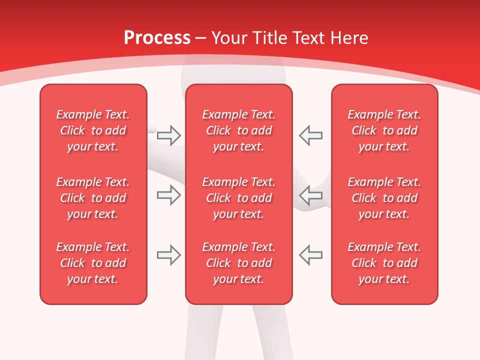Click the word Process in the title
[x=157, y=38]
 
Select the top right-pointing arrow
[x=169, y=135]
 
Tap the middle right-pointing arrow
[x=169, y=195]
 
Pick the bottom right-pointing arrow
[x=169, y=255]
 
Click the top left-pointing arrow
[x=310, y=135]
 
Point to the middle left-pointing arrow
[x=310, y=195]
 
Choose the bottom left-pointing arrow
[x=310, y=255]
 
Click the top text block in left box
[x=93, y=130]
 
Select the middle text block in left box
[x=93, y=198]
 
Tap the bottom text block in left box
[x=93, y=263]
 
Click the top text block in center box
[x=238, y=130]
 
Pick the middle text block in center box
[x=238, y=198]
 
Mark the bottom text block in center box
[x=238, y=263]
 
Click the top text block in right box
[x=384, y=130]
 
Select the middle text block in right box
[x=384, y=198]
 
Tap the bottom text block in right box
[x=384, y=263]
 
